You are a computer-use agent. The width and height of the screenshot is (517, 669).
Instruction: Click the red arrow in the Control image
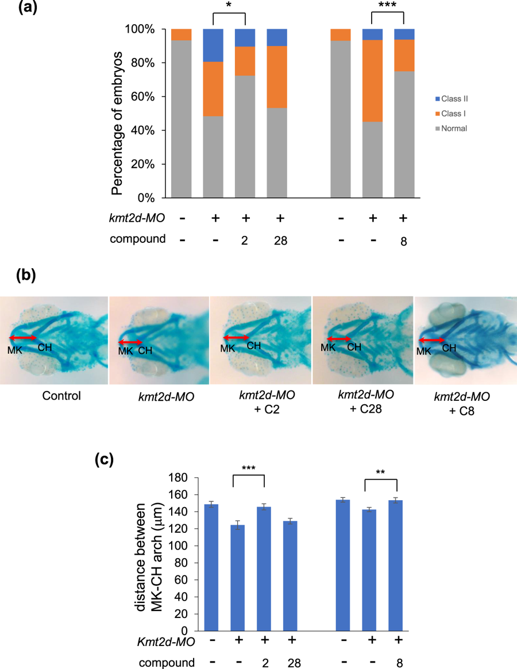(x=24, y=338)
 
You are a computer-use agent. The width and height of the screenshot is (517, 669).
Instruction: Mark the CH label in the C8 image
(x=450, y=348)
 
